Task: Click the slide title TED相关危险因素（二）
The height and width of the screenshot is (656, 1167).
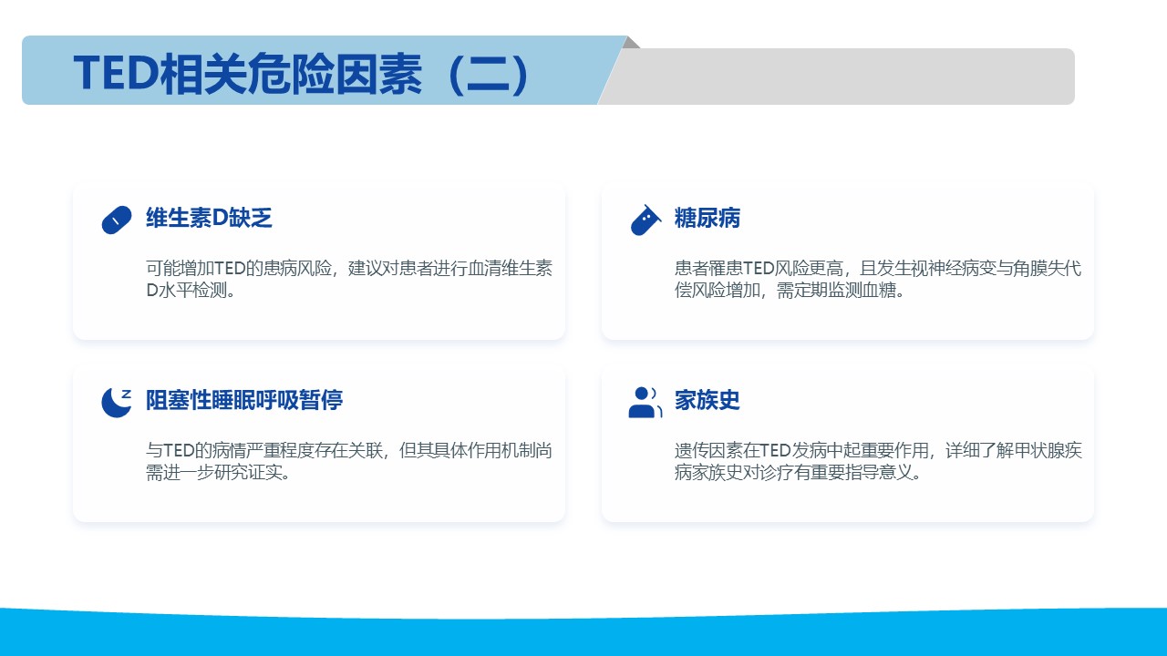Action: [301, 74]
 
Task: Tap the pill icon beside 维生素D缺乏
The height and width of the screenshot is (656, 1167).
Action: [117, 220]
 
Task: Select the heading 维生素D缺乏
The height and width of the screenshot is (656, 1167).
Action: [209, 218]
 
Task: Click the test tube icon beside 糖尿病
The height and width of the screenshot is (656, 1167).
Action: [645, 220]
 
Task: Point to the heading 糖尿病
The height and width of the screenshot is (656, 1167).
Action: [707, 218]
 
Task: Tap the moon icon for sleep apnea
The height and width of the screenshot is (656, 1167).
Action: [117, 402]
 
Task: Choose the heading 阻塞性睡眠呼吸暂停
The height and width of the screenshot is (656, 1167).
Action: [244, 400]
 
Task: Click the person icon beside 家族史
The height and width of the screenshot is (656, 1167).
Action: [645, 402]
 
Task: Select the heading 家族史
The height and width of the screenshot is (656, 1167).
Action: [707, 400]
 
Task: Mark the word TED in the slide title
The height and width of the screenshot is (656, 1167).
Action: [116, 74]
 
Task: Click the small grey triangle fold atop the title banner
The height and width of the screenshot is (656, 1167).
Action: [631, 42]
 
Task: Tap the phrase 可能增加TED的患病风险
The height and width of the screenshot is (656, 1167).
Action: [239, 268]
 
